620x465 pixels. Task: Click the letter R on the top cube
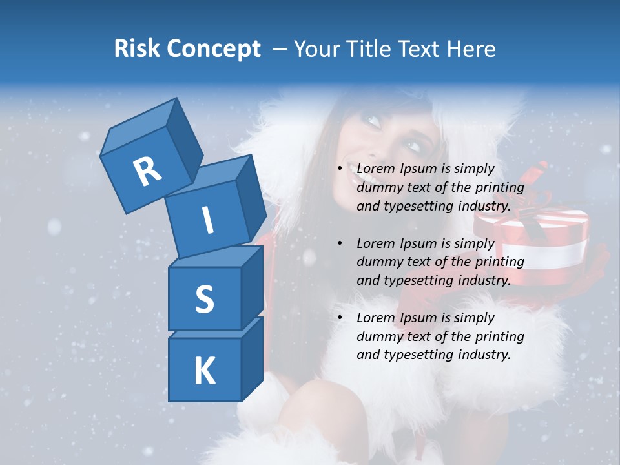[x=147, y=172]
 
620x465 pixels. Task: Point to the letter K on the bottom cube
[x=204, y=371]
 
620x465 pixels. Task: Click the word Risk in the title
[x=137, y=48]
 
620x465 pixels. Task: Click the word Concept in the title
[x=213, y=48]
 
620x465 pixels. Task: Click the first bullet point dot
[x=340, y=169]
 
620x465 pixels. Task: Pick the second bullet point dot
[x=340, y=243]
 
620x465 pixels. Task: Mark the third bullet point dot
[x=340, y=318]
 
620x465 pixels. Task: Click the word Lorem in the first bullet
[x=374, y=169]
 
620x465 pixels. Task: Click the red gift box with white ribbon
[x=532, y=245]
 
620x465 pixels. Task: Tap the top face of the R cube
[x=139, y=128]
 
